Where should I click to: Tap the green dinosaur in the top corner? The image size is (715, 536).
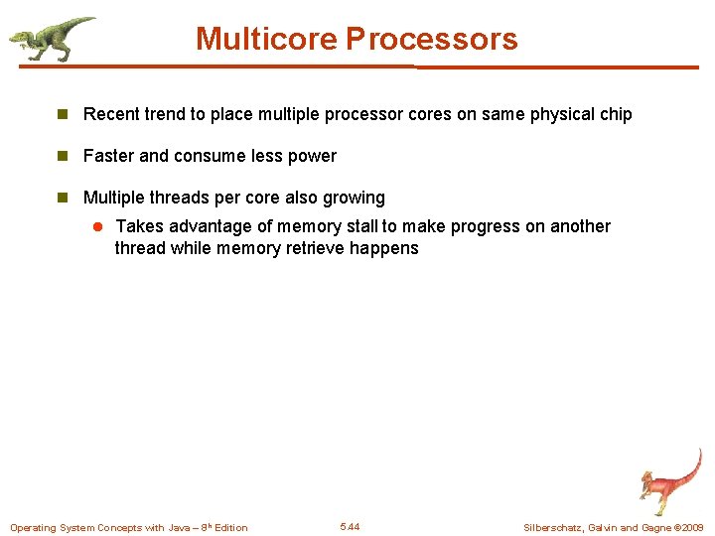52,38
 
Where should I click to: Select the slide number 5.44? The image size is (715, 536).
350,526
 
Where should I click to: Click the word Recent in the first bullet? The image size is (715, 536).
111,114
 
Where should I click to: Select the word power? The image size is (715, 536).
312,156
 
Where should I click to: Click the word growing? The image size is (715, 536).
355,198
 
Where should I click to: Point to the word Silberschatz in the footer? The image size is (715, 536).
557,527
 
